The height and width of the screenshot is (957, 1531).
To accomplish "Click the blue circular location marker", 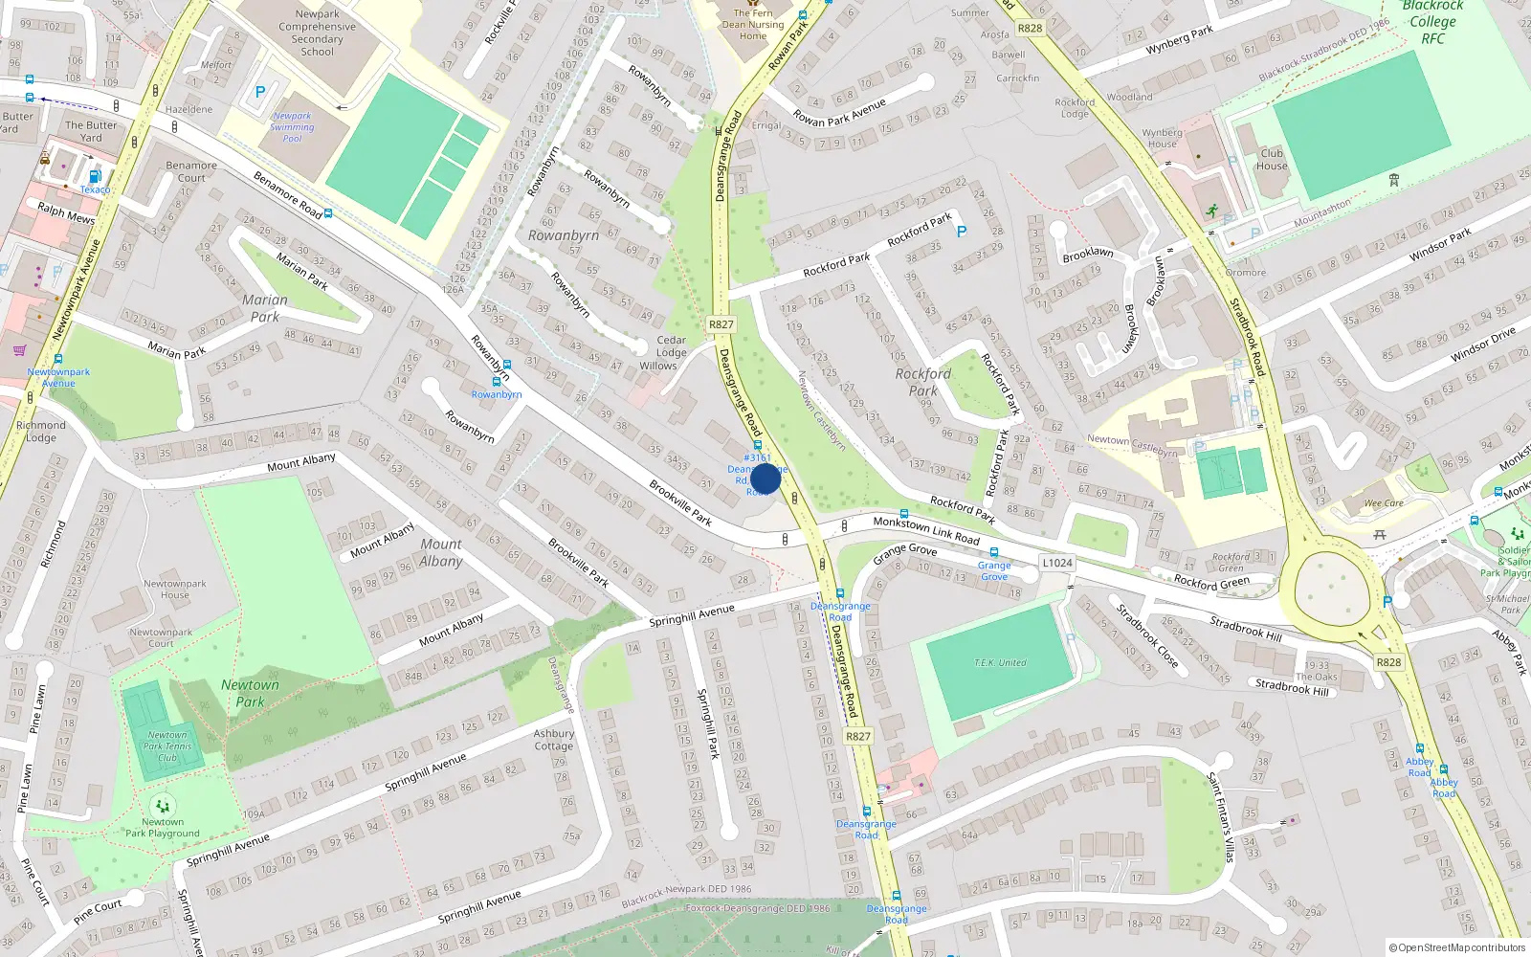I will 765,478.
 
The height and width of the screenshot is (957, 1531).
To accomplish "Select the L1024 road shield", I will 1057,563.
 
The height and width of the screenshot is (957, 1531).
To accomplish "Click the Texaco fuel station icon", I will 95,176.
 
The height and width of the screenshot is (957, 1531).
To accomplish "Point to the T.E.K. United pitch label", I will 1000,662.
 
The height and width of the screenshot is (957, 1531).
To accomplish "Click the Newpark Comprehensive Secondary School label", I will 317,33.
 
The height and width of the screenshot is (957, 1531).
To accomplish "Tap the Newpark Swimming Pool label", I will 292,126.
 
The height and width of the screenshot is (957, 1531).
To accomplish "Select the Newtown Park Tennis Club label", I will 167,746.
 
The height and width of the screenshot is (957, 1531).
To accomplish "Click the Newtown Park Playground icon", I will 163,806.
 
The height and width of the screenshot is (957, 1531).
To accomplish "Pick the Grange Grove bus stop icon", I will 994,553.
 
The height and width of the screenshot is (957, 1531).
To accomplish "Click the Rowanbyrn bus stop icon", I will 506,365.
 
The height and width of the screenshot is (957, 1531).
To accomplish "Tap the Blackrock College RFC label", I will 1432,22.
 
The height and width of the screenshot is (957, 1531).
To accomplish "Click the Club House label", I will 1272,159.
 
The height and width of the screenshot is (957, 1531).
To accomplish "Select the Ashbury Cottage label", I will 554,740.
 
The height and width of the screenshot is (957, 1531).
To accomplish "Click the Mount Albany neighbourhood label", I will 441,552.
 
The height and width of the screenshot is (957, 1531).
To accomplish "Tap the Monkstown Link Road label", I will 925,530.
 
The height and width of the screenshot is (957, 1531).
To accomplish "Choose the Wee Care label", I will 1384,502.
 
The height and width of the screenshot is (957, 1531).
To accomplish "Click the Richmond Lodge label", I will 41,431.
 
